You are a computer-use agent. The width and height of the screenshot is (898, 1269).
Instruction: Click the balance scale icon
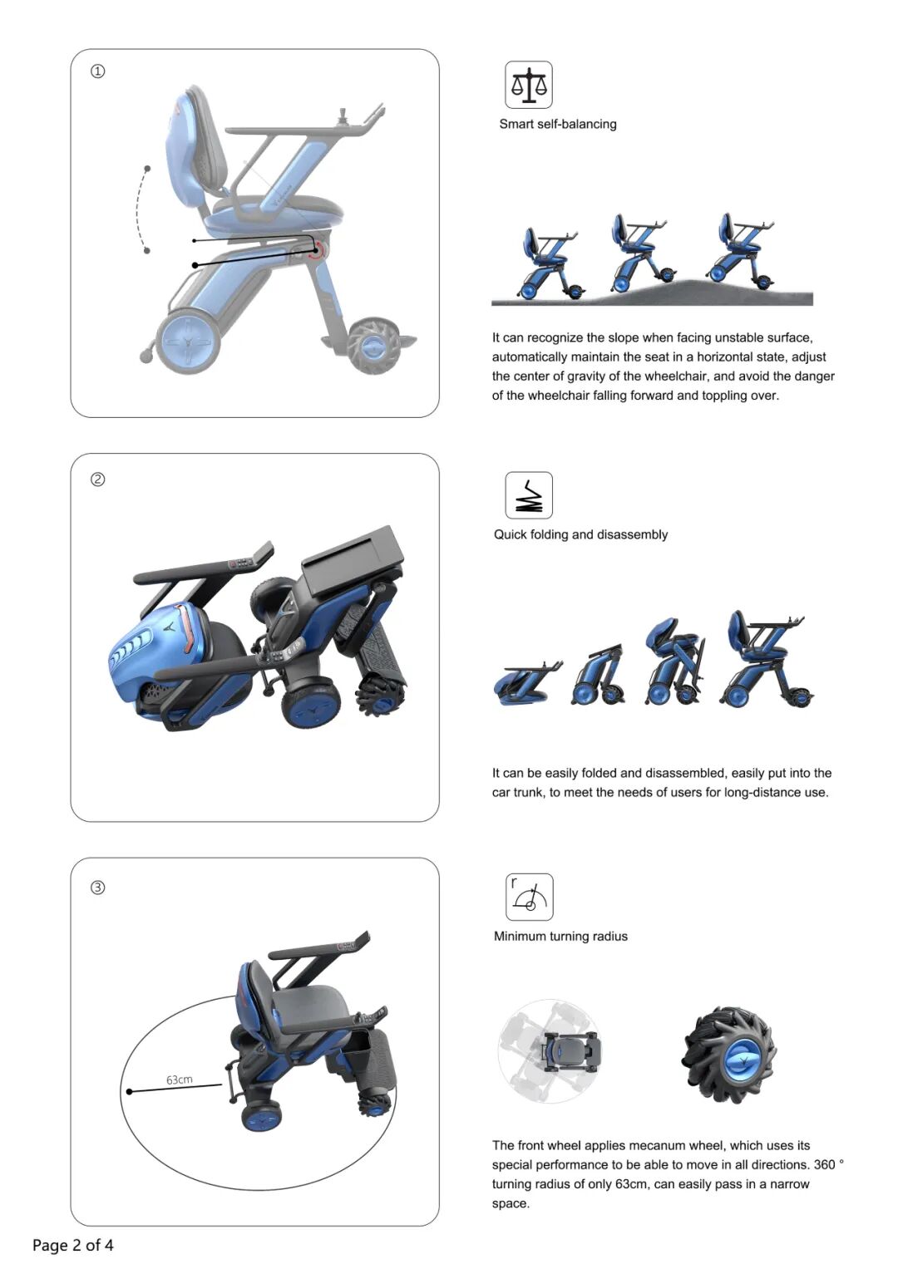pos(528,85)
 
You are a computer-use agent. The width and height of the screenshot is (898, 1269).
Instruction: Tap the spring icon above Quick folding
pos(528,494)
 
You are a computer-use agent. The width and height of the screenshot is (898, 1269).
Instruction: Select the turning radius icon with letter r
pos(529,897)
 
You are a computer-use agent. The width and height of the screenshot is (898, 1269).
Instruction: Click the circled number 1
pos(97,71)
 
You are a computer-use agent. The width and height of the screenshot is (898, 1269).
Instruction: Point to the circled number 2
pos(97,480)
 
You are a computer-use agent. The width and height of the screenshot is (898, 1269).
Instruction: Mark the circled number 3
pos(97,888)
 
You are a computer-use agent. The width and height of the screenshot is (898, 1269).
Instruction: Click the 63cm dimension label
pos(179,1080)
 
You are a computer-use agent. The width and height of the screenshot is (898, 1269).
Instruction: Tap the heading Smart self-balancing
pos(557,124)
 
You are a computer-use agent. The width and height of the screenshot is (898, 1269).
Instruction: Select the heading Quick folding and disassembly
pos(580,534)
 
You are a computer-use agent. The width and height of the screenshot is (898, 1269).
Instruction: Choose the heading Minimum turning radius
pos(560,936)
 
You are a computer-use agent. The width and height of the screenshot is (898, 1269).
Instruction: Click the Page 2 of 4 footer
pos(72,1245)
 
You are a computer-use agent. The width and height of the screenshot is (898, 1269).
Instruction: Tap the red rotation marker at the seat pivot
pos(318,250)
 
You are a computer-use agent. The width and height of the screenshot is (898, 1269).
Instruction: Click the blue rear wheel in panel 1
pos(188,341)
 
